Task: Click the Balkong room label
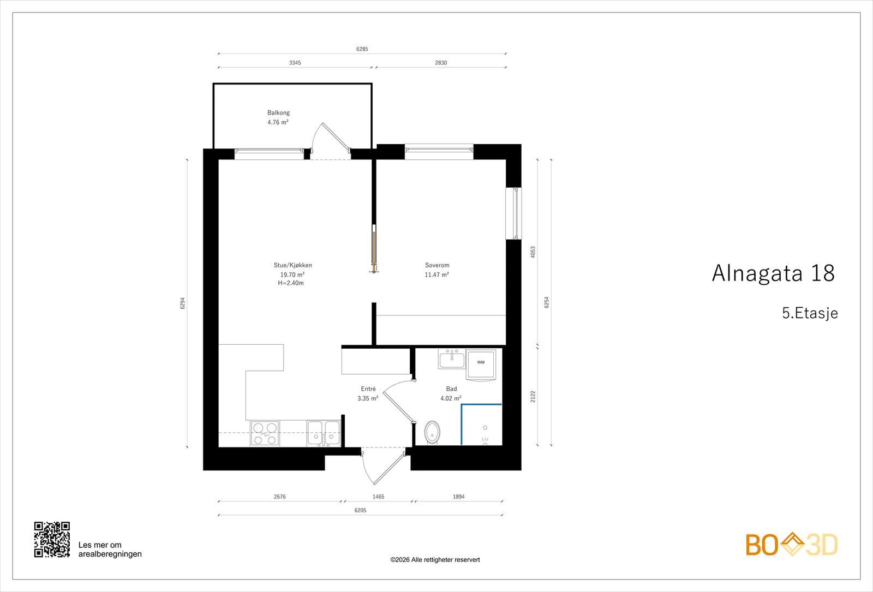click(x=278, y=112)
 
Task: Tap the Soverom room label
click(x=437, y=265)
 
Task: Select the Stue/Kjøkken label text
click(x=292, y=265)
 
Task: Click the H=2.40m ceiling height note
click(x=291, y=283)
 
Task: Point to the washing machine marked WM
click(x=481, y=364)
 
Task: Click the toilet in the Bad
click(x=432, y=433)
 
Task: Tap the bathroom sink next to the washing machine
click(x=452, y=358)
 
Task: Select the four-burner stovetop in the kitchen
click(x=265, y=433)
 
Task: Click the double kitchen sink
click(x=324, y=433)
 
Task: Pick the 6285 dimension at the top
click(x=362, y=49)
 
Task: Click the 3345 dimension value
click(x=295, y=63)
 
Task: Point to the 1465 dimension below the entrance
click(x=379, y=497)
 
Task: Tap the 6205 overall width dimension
click(x=361, y=510)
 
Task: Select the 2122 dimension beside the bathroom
click(x=533, y=397)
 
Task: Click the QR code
click(x=52, y=540)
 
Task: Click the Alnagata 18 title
click(x=773, y=273)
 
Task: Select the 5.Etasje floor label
click(x=810, y=313)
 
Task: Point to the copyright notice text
click(x=435, y=560)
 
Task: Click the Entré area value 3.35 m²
click(x=368, y=398)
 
